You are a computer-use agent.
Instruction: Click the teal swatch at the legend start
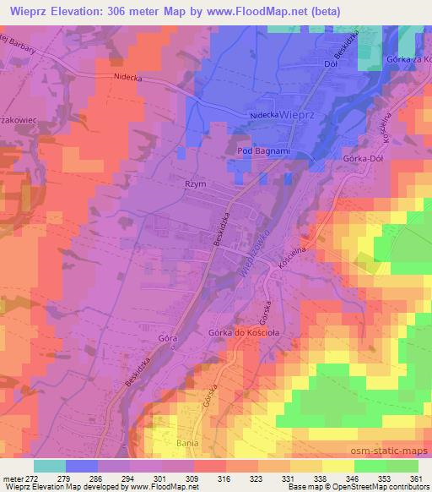tap(50, 466)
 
